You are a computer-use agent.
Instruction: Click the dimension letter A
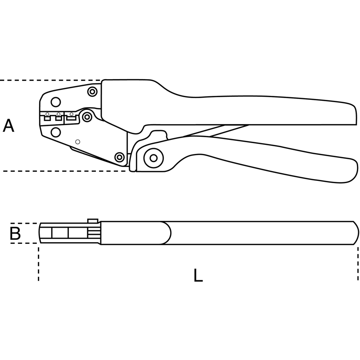[x=9, y=126]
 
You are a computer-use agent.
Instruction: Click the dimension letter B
[x=15, y=233]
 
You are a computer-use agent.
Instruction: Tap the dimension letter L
[x=198, y=275]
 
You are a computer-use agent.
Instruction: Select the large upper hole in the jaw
[x=55, y=102]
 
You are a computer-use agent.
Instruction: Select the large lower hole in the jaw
[x=55, y=132]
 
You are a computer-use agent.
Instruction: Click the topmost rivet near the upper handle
[x=92, y=92]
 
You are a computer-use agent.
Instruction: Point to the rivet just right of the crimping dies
[x=87, y=117]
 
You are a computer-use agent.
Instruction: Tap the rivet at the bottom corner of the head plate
[x=119, y=157]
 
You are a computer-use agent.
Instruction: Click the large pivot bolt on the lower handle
[x=153, y=158]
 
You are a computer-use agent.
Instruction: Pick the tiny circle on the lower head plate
[x=77, y=142]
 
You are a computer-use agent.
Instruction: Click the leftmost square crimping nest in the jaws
[x=47, y=118]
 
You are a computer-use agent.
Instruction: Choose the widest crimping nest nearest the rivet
[x=72, y=118]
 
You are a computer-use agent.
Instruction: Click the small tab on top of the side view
[x=93, y=220]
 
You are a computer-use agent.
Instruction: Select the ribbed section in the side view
[x=94, y=233]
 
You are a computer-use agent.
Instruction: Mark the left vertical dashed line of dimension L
[x=39, y=264]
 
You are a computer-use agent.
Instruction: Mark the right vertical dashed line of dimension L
[x=358, y=264]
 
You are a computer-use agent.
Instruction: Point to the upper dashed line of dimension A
[x=50, y=81]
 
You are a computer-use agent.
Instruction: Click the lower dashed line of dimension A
[x=65, y=171]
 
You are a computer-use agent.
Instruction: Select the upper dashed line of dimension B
[x=24, y=223]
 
